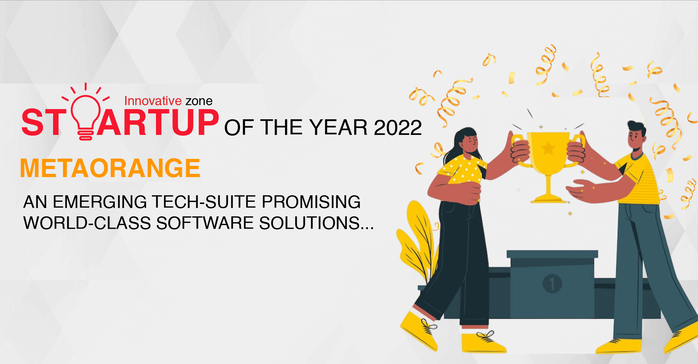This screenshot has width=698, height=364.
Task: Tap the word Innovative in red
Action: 153,101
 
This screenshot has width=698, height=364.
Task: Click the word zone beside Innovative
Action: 199,101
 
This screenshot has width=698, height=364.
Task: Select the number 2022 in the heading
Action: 398,128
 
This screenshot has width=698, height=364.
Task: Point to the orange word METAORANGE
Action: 110,168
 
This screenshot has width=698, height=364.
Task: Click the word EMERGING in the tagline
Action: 100,202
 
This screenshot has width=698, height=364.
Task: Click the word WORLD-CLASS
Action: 87,223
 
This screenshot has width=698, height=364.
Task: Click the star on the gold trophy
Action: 548,148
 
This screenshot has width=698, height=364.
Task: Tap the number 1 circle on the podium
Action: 552,284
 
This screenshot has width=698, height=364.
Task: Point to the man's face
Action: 636,138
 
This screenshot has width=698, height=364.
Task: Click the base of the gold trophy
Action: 548,199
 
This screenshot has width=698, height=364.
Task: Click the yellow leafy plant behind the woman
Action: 418,240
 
